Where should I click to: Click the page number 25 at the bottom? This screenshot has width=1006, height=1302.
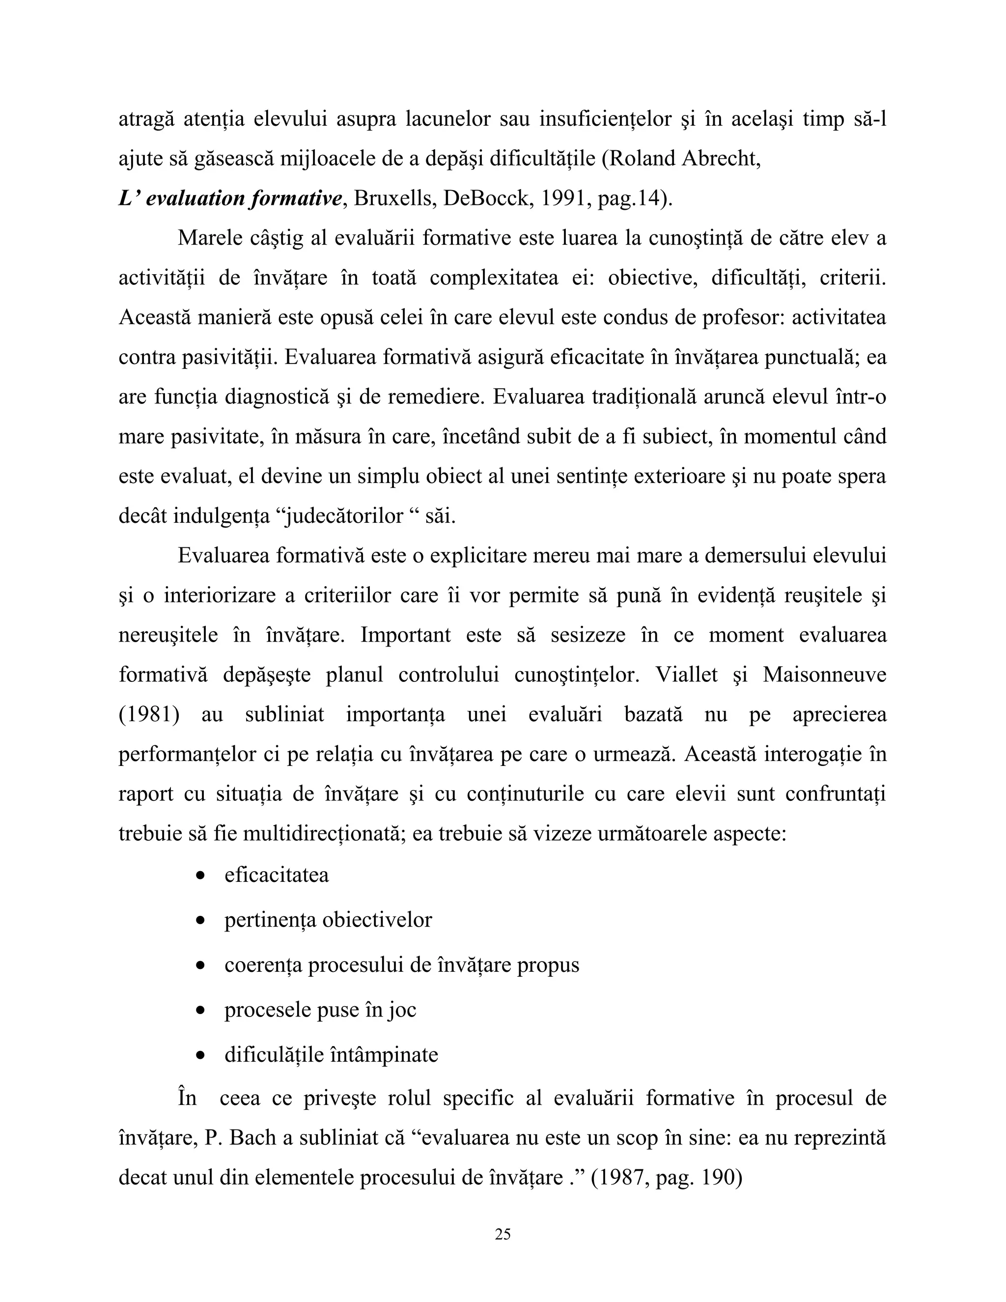point(503,1233)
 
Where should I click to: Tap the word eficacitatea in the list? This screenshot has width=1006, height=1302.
point(277,875)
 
